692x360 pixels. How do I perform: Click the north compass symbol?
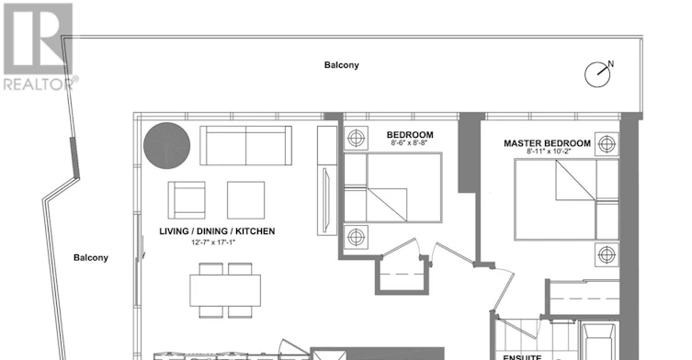tap(598, 74)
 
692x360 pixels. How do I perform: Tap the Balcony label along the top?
tap(342, 65)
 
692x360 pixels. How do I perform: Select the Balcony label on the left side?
tap(91, 258)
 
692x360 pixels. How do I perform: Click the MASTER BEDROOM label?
tap(547, 143)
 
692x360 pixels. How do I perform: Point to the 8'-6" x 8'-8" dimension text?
tap(409, 143)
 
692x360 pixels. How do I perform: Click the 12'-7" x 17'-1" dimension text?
tap(213, 242)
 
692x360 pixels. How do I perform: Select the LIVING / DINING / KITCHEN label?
tap(217, 231)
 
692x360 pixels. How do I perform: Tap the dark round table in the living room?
tap(167, 146)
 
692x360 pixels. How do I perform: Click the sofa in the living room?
tap(245, 146)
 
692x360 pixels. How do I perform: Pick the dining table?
tap(225, 290)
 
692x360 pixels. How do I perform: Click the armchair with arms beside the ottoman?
tap(187, 200)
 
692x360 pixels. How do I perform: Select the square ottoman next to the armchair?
tap(245, 200)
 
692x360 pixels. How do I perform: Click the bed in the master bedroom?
tap(567, 200)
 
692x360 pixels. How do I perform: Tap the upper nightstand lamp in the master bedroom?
tap(607, 144)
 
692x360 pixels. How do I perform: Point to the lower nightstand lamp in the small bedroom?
tap(356, 237)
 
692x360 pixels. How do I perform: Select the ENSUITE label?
tap(522, 357)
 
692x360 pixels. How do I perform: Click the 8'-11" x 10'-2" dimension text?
tap(549, 152)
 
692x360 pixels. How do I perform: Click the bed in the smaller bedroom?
tap(392, 187)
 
